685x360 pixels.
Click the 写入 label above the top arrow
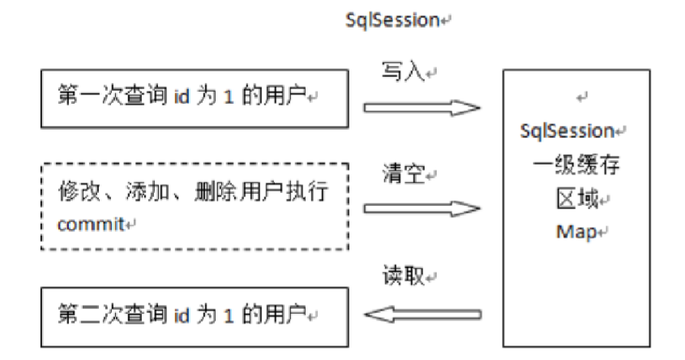[398, 72]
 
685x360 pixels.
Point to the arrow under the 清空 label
[422, 208]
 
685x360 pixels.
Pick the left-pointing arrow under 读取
[422, 312]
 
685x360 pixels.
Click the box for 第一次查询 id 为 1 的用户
[195, 98]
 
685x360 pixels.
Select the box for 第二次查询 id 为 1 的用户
[195, 313]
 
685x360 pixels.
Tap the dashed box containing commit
[195, 206]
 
